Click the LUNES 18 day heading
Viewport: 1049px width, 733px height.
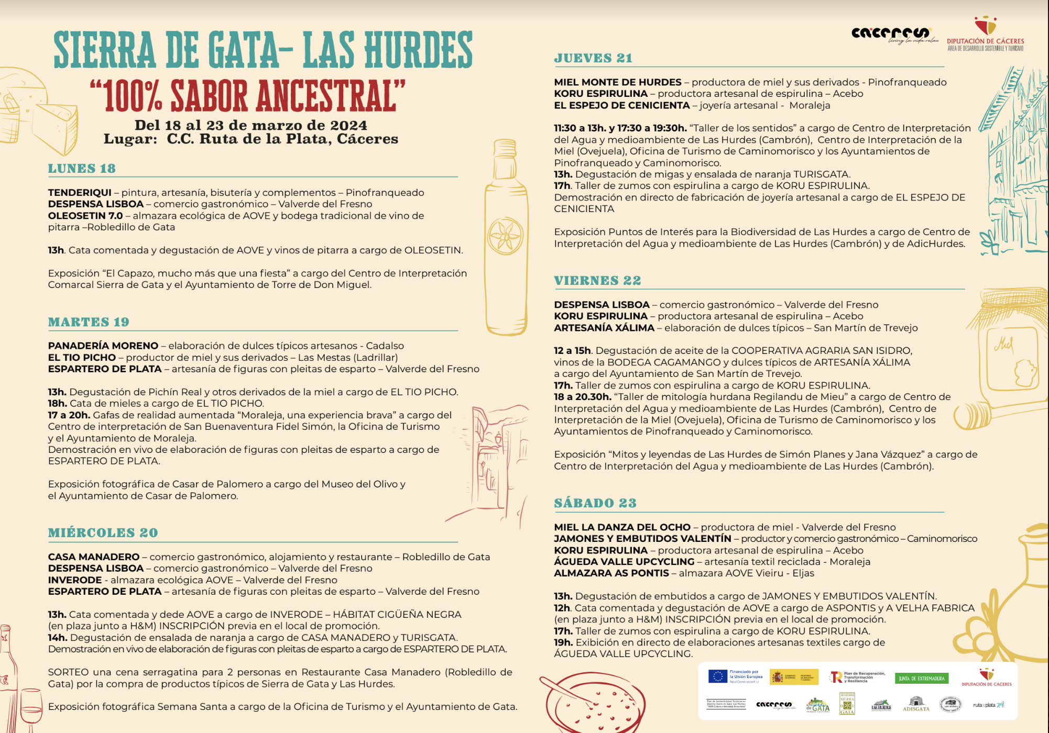click(82, 169)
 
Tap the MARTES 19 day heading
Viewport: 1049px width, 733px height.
click(89, 322)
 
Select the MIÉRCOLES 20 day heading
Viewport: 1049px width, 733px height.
click(103, 532)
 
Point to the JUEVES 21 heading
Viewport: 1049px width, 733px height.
click(593, 58)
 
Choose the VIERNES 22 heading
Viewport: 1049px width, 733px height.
click(597, 281)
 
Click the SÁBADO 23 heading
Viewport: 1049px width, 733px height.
click(595, 503)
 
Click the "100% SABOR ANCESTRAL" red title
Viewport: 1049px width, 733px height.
click(247, 96)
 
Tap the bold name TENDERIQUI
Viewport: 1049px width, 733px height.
click(80, 193)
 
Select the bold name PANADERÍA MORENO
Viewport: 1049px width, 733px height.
click(103, 346)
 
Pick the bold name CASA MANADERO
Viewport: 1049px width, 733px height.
click(94, 557)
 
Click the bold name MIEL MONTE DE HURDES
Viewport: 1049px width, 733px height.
click(618, 82)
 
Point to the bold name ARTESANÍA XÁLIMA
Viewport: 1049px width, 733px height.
click(604, 328)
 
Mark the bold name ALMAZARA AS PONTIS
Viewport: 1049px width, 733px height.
click(611, 573)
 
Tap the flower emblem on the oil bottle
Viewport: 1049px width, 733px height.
click(506, 236)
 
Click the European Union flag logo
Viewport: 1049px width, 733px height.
click(717, 676)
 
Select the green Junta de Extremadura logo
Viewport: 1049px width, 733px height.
click(921, 679)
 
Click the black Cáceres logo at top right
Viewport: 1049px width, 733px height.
click(890, 34)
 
